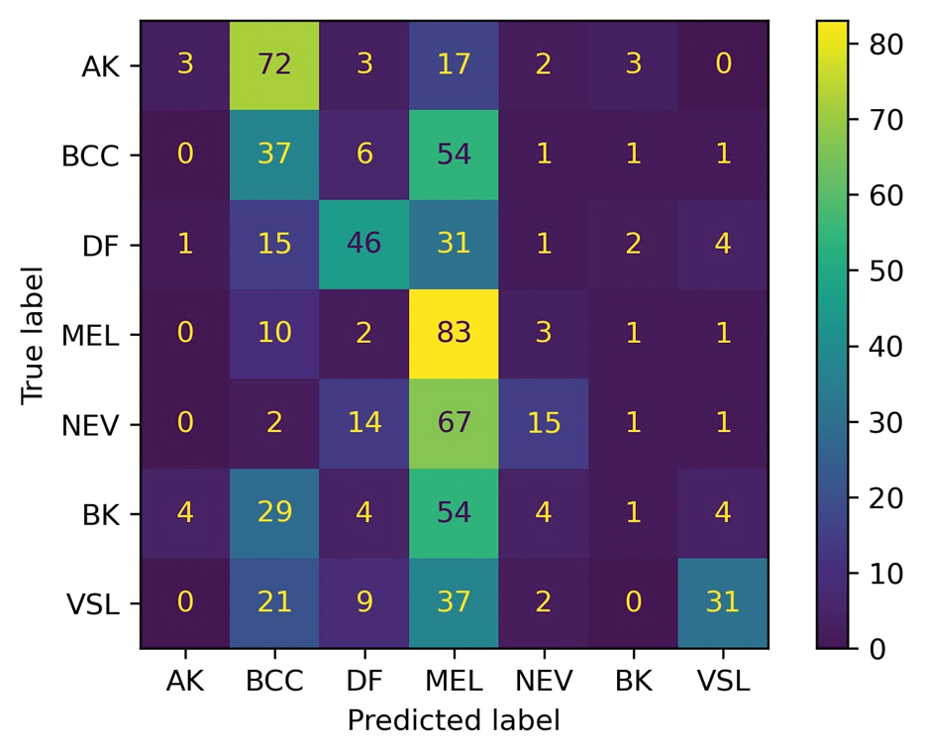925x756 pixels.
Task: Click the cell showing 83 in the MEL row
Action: point(454,334)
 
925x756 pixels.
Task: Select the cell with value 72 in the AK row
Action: point(274,64)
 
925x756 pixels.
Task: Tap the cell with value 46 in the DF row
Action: point(364,244)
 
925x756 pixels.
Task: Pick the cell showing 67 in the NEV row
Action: point(454,424)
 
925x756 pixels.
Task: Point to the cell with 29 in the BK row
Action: point(274,513)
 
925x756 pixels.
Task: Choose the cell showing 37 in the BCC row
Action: point(274,155)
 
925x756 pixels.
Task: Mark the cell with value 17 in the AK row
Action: point(454,64)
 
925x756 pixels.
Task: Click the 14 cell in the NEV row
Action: point(364,424)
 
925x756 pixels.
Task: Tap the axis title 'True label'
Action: point(34,334)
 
